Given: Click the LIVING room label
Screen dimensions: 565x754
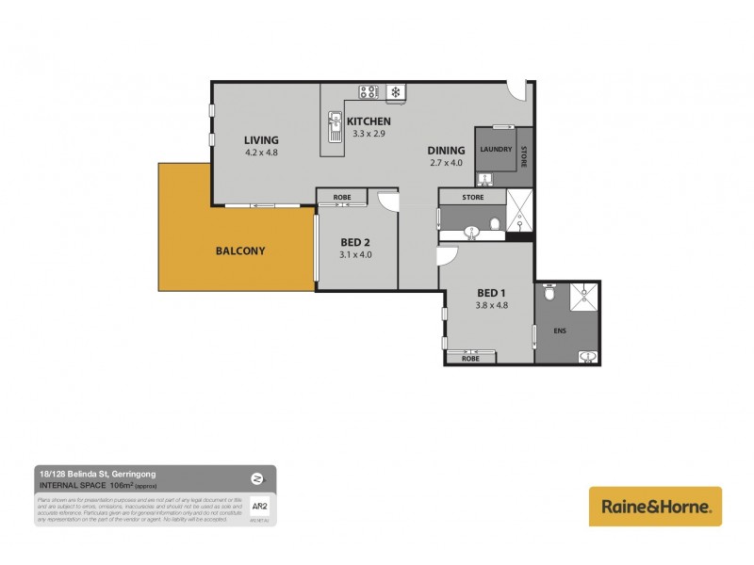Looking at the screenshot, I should tap(262, 140).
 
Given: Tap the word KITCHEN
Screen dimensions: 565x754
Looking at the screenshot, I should tap(369, 122).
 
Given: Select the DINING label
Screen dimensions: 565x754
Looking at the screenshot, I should tap(446, 151).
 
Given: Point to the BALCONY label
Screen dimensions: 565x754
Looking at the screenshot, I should tap(240, 250).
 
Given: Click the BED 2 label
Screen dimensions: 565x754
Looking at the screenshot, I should tap(356, 241).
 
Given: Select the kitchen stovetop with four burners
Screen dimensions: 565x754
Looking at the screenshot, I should tap(369, 92).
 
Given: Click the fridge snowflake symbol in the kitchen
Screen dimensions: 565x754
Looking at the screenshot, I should tap(397, 92).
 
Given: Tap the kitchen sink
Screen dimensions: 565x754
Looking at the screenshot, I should tap(335, 122).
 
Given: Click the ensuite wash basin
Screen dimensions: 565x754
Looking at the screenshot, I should tap(585, 355).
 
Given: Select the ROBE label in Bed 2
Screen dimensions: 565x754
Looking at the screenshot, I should tap(342, 197).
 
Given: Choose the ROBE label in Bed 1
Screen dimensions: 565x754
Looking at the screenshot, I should tap(472, 358).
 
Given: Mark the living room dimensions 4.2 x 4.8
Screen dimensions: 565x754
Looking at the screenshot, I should tap(262, 153).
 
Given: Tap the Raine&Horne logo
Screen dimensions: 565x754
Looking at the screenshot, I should tap(655, 507).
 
